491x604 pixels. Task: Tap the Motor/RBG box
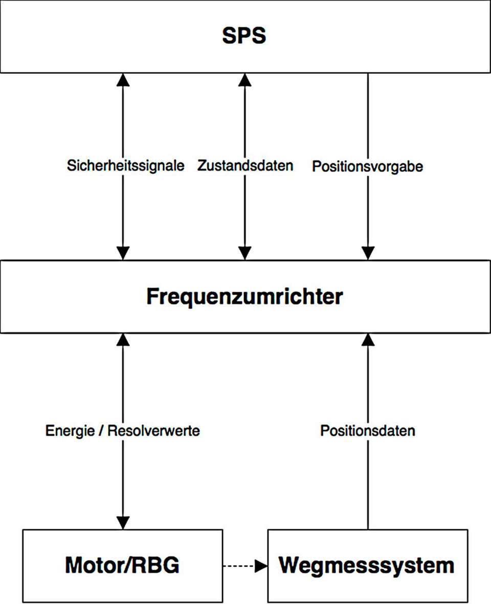[123, 566]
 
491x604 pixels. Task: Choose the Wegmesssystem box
[367, 566]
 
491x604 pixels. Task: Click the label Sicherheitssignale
[125, 166]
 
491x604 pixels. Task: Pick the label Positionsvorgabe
[367, 167]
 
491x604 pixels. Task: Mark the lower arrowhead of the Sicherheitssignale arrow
[123, 253]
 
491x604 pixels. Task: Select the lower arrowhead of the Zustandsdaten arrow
[245, 253]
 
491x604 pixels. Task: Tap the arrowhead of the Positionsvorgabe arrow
[367, 253]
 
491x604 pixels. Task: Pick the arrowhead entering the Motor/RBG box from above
[123, 523]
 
